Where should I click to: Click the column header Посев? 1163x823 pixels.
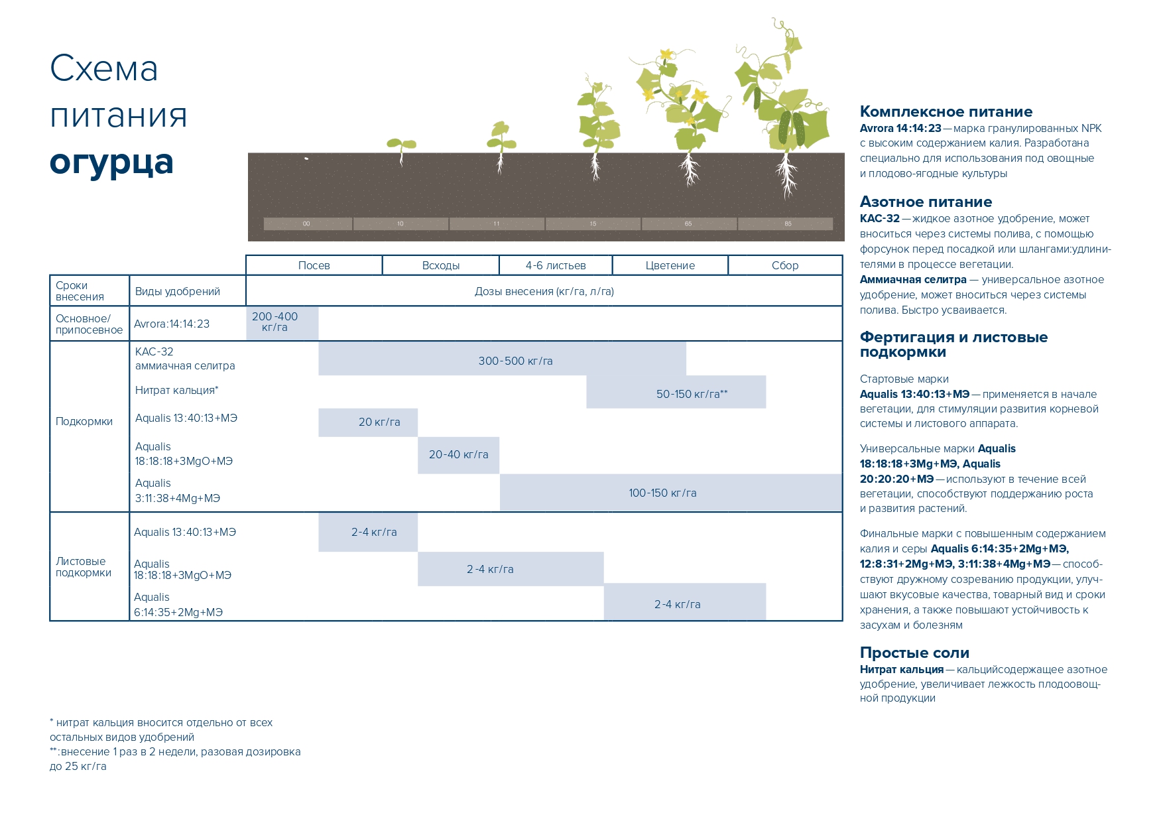(x=314, y=265)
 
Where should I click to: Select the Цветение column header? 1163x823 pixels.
(x=670, y=265)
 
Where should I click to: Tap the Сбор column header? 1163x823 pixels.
(x=785, y=265)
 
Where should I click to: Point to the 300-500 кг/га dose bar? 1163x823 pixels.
(x=515, y=361)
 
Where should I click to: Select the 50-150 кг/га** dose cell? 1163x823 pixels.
(x=692, y=394)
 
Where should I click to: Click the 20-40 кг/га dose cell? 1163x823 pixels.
(x=458, y=454)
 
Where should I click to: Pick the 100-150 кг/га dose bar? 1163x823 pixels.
(x=662, y=493)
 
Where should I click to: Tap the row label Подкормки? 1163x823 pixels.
(x=84, y=422)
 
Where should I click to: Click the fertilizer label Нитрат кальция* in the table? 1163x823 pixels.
(x=176, y=391)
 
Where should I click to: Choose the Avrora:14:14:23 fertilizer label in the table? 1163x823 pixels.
(x=172, y=324)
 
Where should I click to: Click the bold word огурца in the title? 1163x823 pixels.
(x=111, y=162)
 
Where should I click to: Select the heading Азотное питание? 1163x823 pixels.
(x=926, y=202)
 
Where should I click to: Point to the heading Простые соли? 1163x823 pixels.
(x=914, y=653)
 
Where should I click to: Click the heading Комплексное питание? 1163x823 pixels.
(x=946, y=111)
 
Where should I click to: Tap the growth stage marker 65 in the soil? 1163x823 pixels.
(x=688, y=223)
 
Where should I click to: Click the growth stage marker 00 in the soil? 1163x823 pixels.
(x=306, y=223)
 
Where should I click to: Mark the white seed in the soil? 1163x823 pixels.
(x=306, y=158)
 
